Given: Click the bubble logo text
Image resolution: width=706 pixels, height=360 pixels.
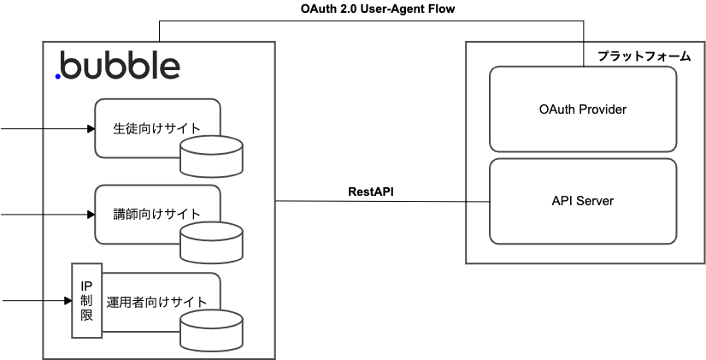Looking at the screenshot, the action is coord(118,65).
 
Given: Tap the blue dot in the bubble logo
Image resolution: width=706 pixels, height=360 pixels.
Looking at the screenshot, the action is coord(58,77).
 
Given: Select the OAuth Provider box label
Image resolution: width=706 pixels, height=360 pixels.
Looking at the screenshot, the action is coord(583,109).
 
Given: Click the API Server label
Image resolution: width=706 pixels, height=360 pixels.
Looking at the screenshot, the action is coord(583,200).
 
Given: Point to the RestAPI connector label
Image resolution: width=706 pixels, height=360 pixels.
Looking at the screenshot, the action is coord(371,192).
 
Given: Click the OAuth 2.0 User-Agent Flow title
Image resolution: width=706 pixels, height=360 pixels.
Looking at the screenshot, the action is coord(378,9).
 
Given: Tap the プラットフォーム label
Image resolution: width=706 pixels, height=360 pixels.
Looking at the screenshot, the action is coord(644,56).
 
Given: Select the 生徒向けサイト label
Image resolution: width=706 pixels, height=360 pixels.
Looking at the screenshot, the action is coord(156,128).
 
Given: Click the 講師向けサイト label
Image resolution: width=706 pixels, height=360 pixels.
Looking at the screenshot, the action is coord(156,214).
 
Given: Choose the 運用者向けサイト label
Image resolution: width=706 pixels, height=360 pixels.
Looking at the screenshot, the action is coord(156,302).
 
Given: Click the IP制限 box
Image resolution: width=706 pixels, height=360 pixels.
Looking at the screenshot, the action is coord(87,300).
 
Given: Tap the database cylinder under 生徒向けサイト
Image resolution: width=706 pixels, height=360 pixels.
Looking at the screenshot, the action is coord(211,156).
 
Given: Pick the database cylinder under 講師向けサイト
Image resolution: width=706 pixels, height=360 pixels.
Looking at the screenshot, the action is coord(211,242).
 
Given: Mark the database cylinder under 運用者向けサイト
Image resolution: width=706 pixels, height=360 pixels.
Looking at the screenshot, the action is coord(211,330).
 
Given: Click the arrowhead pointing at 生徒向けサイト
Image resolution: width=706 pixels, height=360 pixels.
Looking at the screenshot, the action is coord(91,129).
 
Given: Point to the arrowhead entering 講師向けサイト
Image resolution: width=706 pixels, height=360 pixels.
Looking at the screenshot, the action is coord(91,215).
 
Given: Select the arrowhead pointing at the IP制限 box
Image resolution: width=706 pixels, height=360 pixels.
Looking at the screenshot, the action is coord(68,300).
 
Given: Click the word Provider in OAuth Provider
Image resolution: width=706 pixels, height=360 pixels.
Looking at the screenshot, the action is coord(603,109).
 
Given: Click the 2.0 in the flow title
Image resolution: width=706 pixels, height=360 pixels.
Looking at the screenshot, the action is coord(349,9).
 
